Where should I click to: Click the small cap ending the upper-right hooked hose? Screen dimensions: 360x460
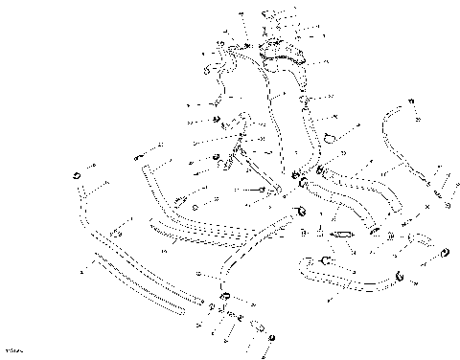tap(420, 116)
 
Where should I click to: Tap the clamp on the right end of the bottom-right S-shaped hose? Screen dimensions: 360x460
tap(400, 279)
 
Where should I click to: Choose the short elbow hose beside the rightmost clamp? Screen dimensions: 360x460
tap(422, 240)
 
